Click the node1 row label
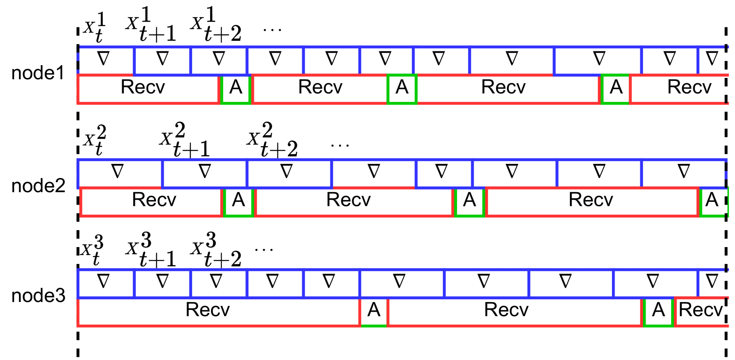point(38,73)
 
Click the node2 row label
point(38,186)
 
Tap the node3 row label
point(38,296)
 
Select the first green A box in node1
point(236,89)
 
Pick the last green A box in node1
point(616,89)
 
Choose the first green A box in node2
point(239,201)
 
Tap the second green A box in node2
point(469,201)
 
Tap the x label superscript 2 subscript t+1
point(184,140)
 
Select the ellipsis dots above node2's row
point(340,145)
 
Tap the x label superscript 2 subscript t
point(95,140)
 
